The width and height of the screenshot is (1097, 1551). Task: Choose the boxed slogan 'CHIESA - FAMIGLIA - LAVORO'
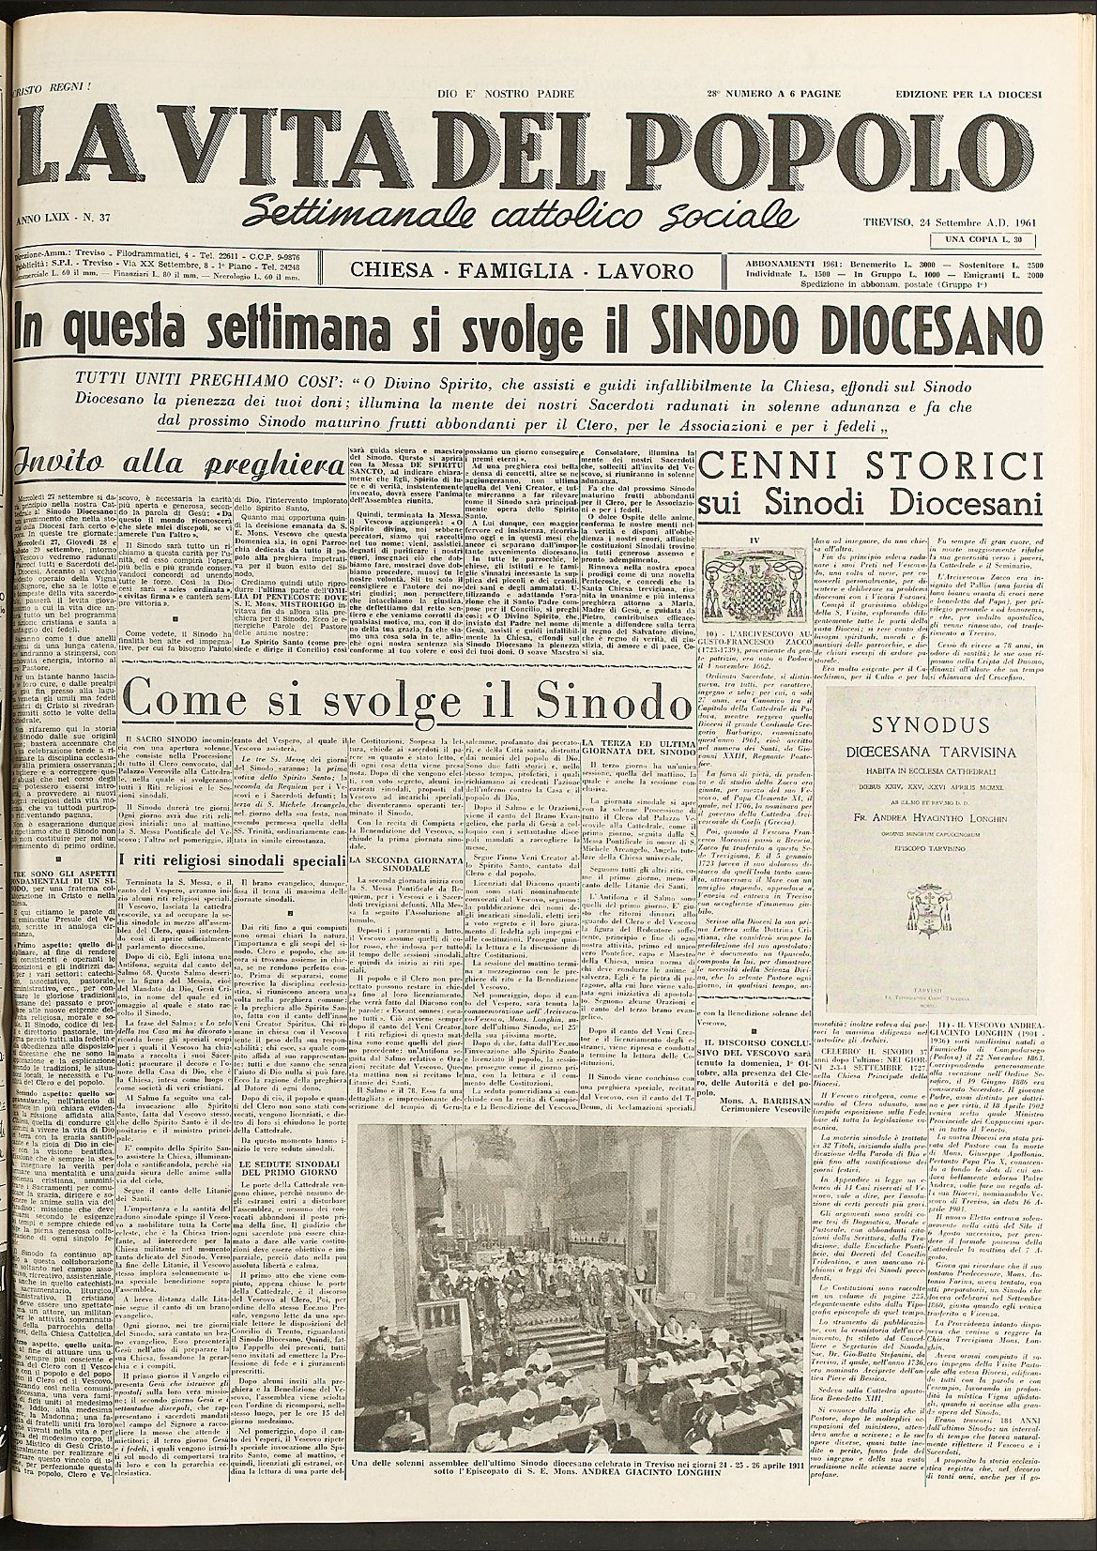[x=521, y=271]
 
